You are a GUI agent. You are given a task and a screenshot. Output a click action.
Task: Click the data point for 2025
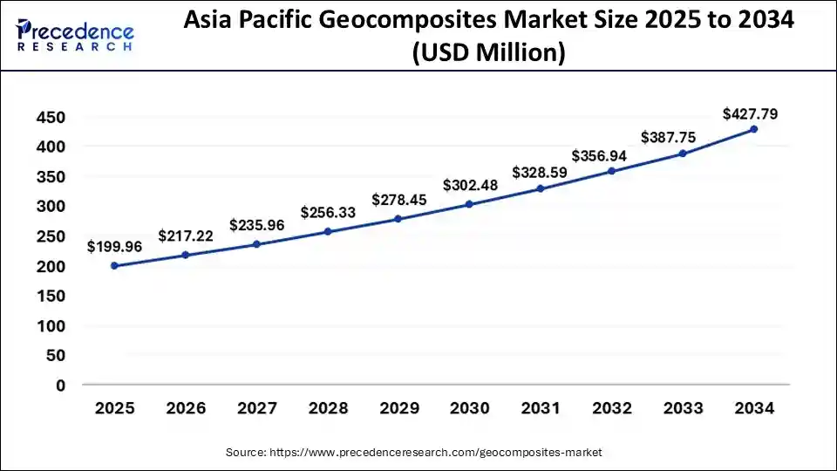click(x=114, y=265)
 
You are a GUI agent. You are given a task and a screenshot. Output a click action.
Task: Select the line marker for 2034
click(x=754, y=129)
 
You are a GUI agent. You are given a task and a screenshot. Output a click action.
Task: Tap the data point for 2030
click(x=469, y=204)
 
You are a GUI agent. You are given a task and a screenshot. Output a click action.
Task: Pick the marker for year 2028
click(x=328, y=231)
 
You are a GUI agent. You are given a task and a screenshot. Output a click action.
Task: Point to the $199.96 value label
click(x=114, y=247)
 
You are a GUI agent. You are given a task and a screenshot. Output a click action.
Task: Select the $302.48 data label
click(x=470, y=185)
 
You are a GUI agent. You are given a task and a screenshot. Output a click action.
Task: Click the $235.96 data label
click(x=257, y=225)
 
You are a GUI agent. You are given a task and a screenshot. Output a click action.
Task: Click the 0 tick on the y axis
click(x=60, y=386)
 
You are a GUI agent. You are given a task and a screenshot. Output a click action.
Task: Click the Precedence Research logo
click(x=75, y=34)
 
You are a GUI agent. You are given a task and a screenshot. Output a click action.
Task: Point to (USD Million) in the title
click(x=489, y=54)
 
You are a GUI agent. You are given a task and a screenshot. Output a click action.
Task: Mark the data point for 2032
click(x=612, y=171)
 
